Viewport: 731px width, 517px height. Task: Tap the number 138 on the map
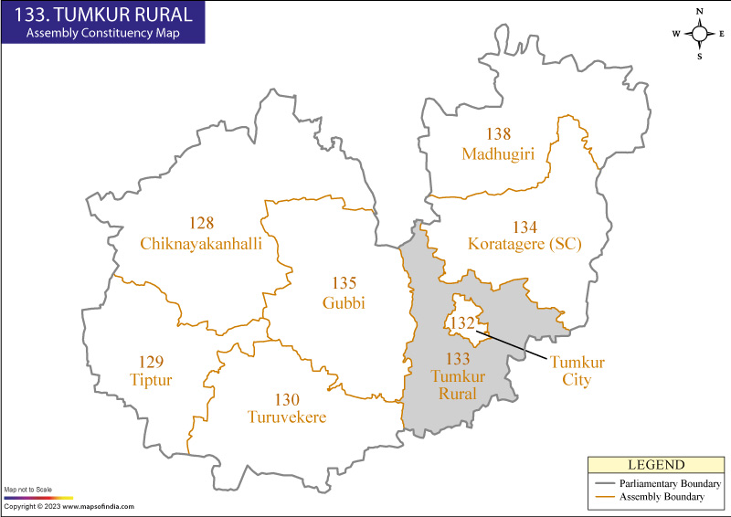point(498,133)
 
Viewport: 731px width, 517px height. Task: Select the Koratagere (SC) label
point(524,244)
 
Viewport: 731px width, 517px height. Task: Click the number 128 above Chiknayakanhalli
point(201,224)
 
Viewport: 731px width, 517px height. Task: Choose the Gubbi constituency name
point(344,302)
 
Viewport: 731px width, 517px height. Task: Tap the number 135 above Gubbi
point(344,283)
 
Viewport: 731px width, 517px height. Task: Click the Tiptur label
point(150,379)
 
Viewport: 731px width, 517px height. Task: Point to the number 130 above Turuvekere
point(287,399)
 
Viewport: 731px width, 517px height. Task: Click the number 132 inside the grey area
point(461,323)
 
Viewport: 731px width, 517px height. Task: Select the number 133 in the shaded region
point(457,359)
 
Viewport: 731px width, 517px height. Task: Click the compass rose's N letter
point(699,12)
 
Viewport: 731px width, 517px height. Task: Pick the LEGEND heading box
point(655,465)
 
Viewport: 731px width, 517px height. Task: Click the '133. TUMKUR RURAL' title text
point(102,14)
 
